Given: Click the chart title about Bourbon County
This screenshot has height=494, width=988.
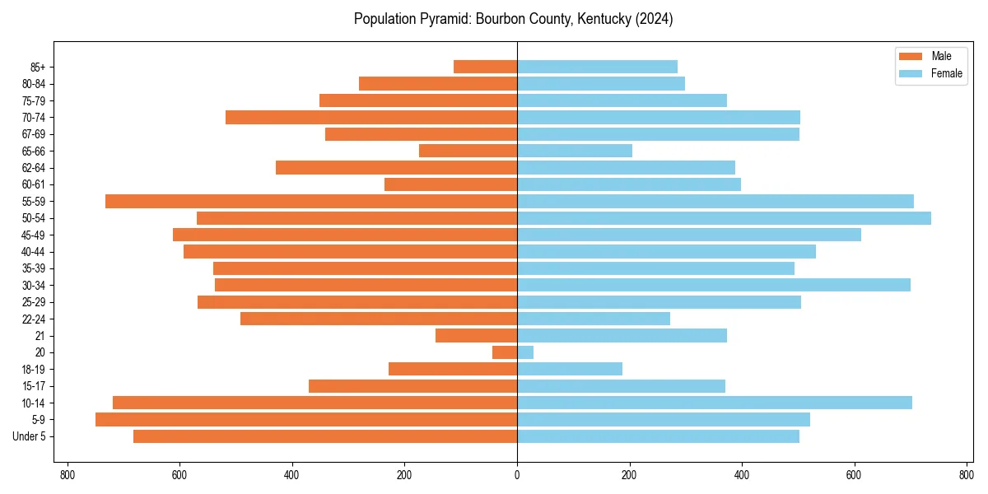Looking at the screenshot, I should pos(513,19).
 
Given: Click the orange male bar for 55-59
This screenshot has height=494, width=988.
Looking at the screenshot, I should pos(311,201).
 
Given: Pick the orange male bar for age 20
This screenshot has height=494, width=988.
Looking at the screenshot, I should pos(505,352).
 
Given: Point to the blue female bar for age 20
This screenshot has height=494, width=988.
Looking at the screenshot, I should pos(525,352).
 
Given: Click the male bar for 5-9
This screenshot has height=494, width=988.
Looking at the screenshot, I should pos(306,419).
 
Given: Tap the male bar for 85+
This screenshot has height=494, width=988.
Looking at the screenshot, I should pos(485,67).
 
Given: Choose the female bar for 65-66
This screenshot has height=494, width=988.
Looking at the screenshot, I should pos(575,151).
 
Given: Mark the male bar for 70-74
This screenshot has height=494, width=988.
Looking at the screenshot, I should pos(371,117).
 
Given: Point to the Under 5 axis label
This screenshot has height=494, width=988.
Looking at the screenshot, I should pos(29,436).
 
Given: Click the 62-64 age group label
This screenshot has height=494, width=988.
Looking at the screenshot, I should pos(34,168).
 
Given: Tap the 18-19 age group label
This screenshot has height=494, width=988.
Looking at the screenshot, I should pos(34,369).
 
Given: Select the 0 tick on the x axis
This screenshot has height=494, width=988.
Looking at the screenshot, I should pos(517,475).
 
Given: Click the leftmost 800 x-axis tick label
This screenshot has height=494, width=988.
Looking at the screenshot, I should pos(68,475).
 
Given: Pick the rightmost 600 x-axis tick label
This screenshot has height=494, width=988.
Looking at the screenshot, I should pos(854,475).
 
